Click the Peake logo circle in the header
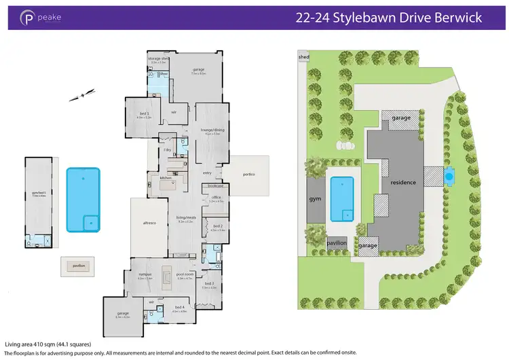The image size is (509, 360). [28, 18]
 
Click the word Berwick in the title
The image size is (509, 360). [459, 18]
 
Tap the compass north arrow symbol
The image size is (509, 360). [81, 95]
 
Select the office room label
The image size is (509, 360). [216, 198]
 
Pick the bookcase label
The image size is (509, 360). [216, 185]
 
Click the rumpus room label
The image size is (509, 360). [145, 274]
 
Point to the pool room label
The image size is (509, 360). [185, 274]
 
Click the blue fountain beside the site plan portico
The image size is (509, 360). [447, 177]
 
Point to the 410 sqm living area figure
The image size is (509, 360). [41, 344]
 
